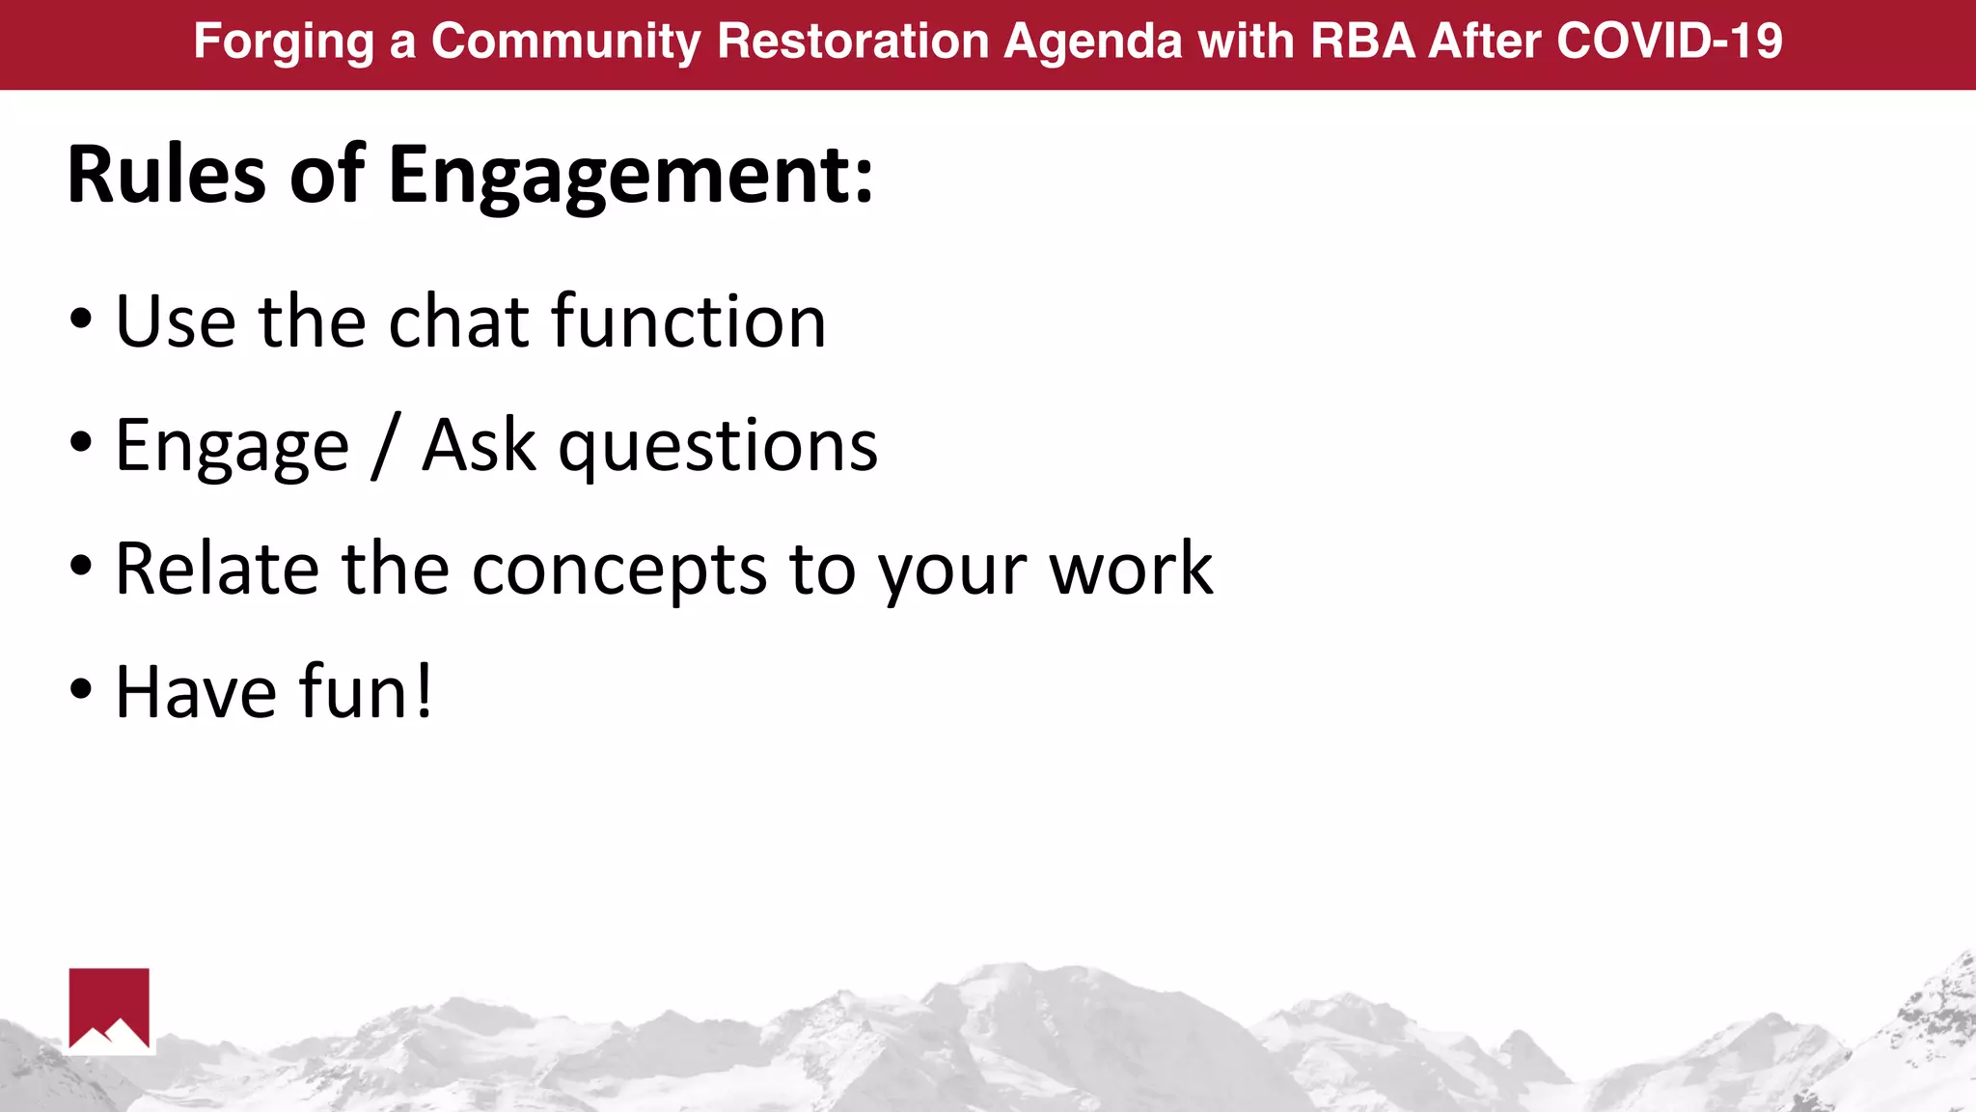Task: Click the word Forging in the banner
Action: (x=284, y=42)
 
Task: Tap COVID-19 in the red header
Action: (x=1669, y=42)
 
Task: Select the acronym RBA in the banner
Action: (x=1361, y=42)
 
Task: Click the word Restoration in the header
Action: (x=854, y=42)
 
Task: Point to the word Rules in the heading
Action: (x=166, y=175)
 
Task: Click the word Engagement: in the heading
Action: (x=631, y=177)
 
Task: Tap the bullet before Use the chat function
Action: (x=81, y=320)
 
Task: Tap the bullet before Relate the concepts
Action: (x=81, y=568)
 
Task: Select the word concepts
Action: (x=618, y=570)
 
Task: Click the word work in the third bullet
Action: (x=1130, y=570)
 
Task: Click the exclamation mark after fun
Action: (x=423, y=691)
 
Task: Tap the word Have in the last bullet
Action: (x=196, y=691)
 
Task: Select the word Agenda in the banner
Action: (x=1093, y=42)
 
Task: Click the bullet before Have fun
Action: (x=81, y=690)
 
